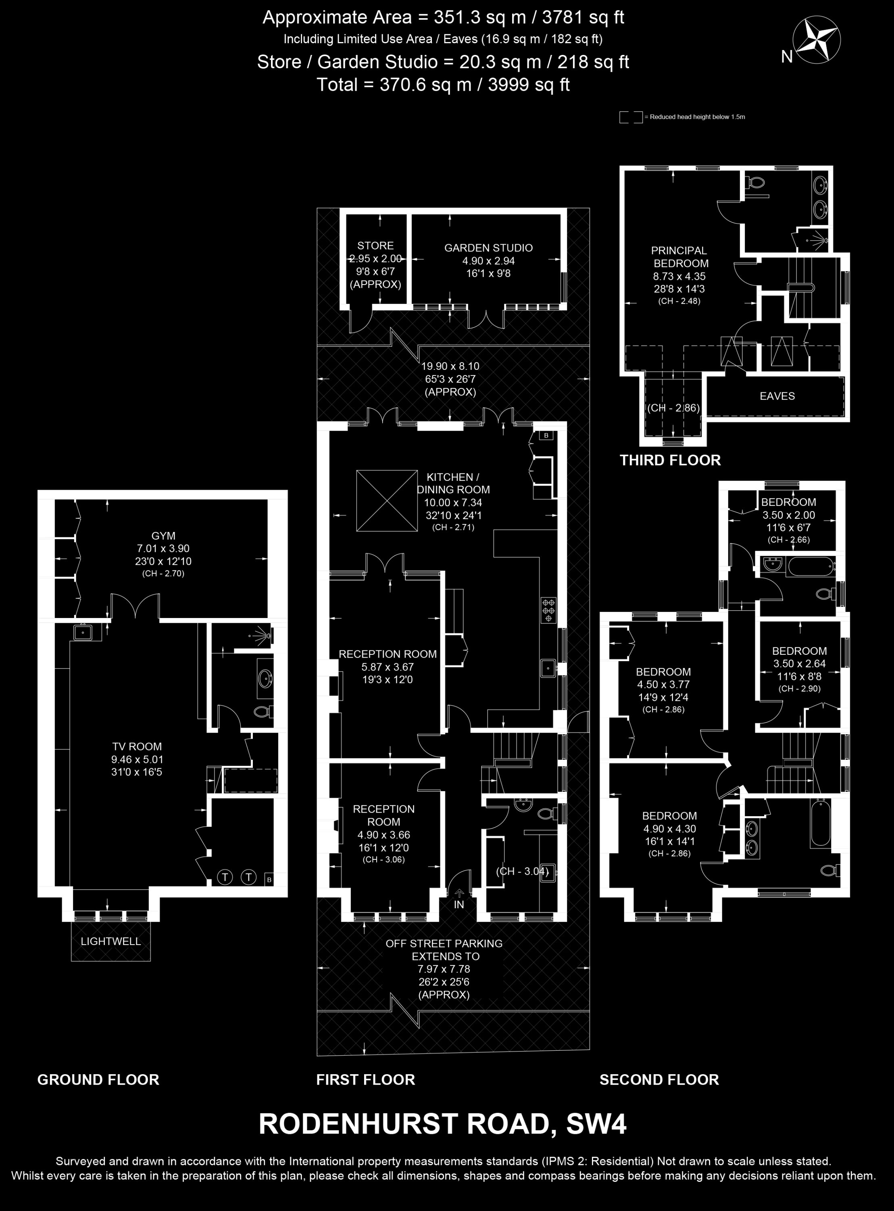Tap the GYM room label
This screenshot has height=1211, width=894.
[x=163, y=536]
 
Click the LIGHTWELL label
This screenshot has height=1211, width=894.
[x=111, y=941]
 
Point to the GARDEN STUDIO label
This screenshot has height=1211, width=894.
[x=489, y=248]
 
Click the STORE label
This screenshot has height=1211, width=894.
[x=375, y=246]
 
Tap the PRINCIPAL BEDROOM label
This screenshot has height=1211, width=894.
[x=680, y=257]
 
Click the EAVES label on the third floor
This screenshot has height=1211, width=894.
[x=777, y=396]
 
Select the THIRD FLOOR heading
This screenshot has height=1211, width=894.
[x=670, y=460]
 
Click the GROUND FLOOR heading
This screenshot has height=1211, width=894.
[x=98, y=1080]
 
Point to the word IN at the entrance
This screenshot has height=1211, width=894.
[x=459, y=905]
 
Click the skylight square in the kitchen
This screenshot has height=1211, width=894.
[x=386, y=501]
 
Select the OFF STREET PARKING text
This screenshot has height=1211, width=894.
[x=444, y=943]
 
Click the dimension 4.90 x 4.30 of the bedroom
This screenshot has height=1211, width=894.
[x=669, y=829]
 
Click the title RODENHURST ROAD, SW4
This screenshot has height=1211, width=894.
[x=443, y=1124]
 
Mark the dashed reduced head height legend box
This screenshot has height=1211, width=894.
[x=631, y=117]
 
